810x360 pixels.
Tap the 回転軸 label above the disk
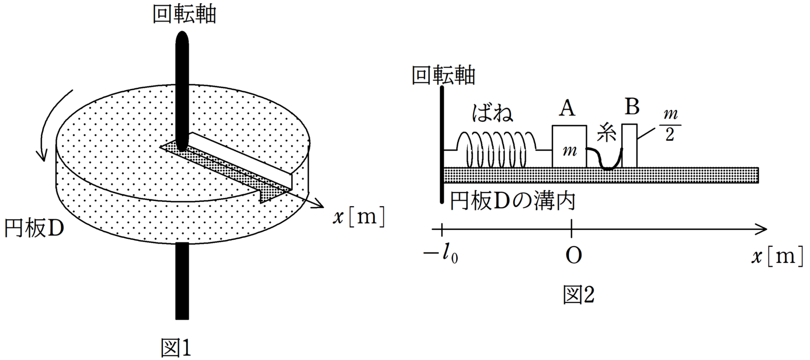coord(184,15)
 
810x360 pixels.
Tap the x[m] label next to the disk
coord(359,217)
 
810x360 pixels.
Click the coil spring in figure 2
coord(496,149)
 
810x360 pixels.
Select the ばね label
coord(493,113)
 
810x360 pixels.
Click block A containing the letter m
coord(569,147)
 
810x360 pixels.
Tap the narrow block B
coord(630,145)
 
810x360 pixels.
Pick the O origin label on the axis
coord(573,256)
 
